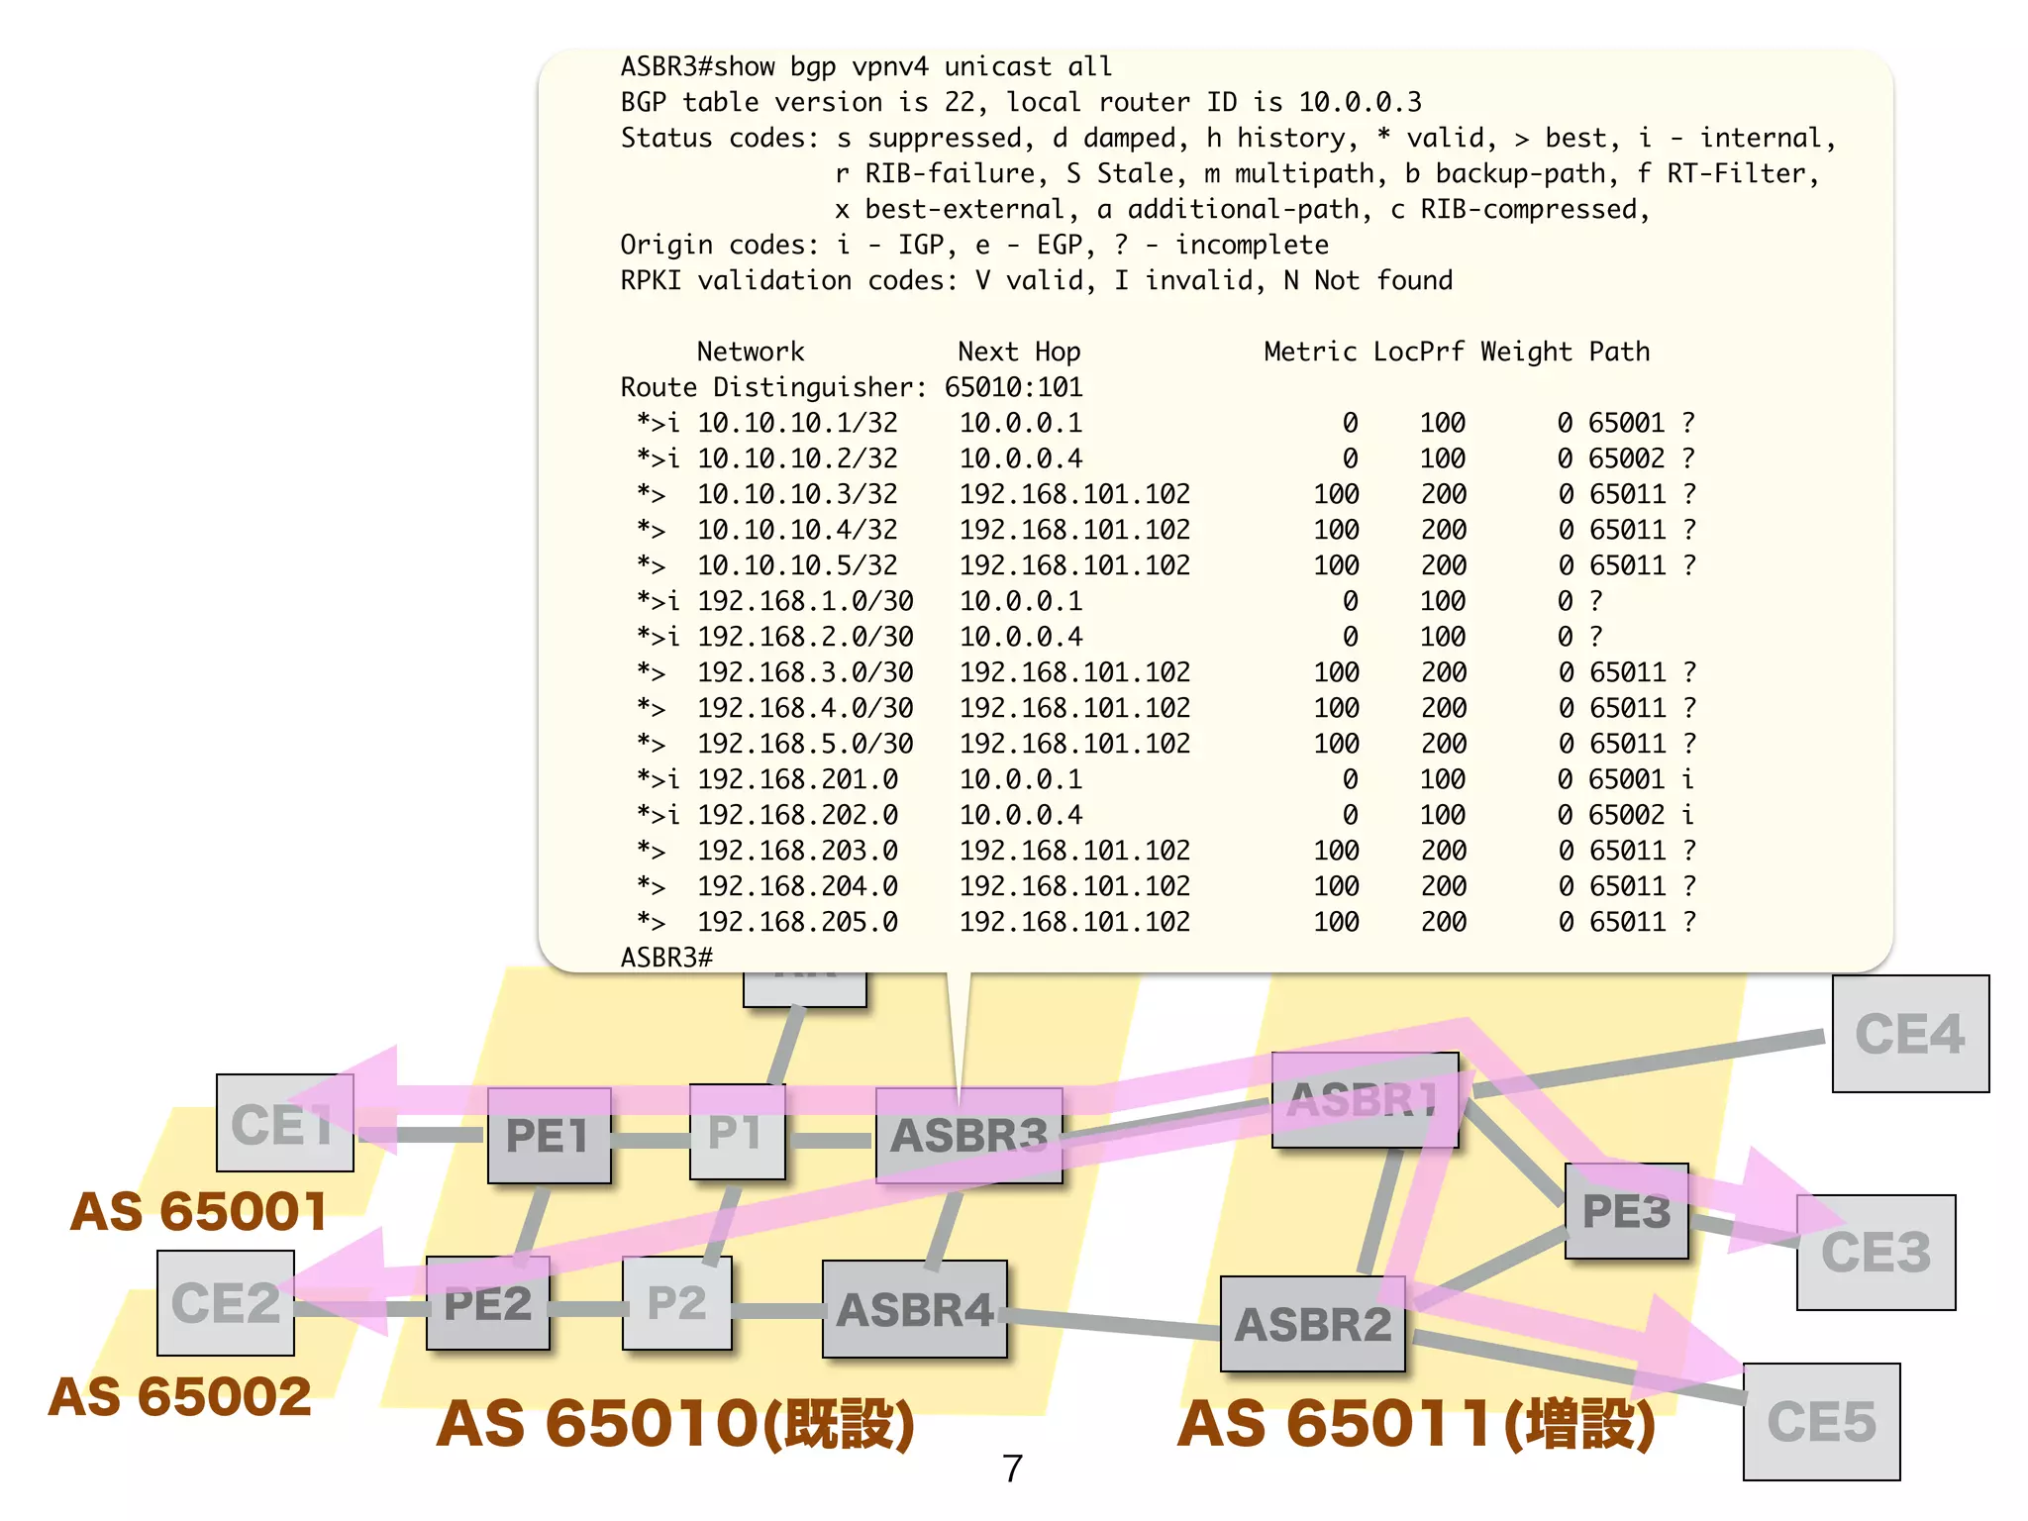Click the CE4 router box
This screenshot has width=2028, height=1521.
[x=1910, y=1034]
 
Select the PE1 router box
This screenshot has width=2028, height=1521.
[x=549, y=1135]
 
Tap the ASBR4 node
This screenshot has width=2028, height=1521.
[x=915, y=1309]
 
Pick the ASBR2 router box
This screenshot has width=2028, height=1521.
[x=1313, y=1324]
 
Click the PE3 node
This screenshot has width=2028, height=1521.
[x=1626, y=1211]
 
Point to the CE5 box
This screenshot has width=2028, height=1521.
[x=1821, y=1421]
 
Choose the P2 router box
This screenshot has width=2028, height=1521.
[x=677, y=1303]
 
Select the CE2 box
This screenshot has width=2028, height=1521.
[x=226, y=1303]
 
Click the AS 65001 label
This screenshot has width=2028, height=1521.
[x=198, y=1211]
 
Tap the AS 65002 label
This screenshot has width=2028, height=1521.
[x=180, y=1396]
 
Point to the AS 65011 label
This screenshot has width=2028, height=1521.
[x=1416, y=1424]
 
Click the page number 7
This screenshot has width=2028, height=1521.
[x=1012, y=1469]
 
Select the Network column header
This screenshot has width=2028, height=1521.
[x=751, y=352]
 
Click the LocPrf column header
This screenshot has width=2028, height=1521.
[x=1418, y=352]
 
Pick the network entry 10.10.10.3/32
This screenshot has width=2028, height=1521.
[x=797, y=494]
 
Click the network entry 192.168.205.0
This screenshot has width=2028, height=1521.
[x=797, y=922]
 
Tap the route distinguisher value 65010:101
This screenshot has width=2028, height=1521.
[x=1013, y=387]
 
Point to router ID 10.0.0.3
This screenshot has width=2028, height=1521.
[x=1360, y=102]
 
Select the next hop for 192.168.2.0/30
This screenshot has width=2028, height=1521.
[x=1021, y=637]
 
